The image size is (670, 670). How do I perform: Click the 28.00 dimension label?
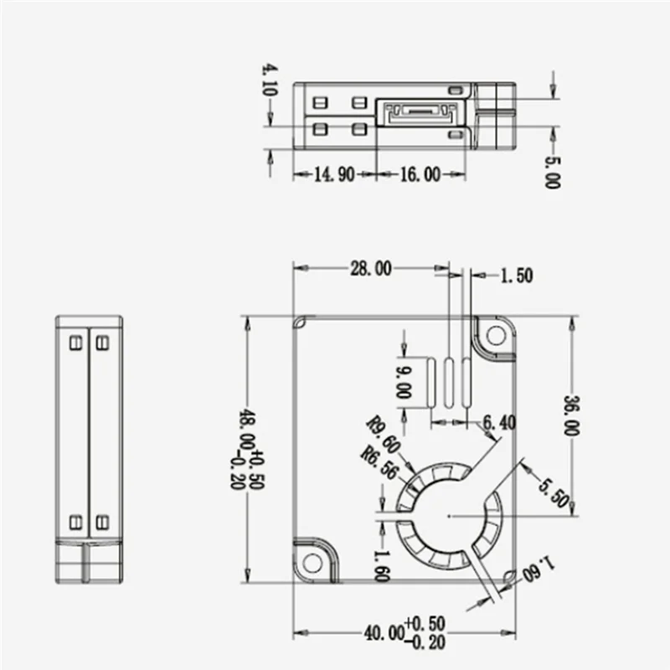click(x=370, y=269)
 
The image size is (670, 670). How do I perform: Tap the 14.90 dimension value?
click(x=334, y=174)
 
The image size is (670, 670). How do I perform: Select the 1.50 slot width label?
click(x=516, y=276)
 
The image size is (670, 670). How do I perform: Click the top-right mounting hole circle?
click(x=496, y=336)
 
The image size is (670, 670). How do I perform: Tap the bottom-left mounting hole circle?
click(x=312, y=562)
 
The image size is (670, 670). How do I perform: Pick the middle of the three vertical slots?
click(x=450, y=384)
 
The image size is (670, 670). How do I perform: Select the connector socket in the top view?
click(x=419, y=112)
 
